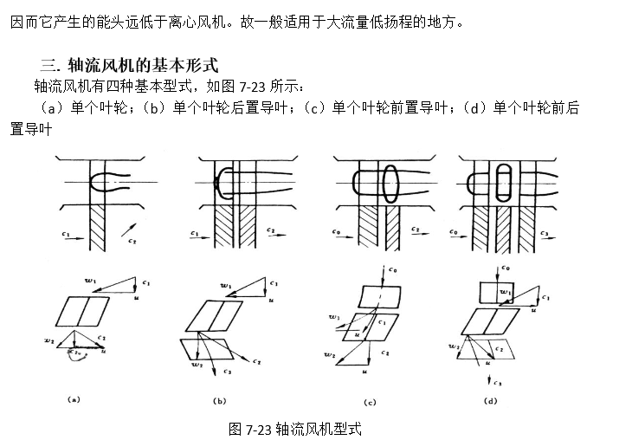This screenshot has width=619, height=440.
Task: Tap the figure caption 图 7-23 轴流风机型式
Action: [x=294, y=428]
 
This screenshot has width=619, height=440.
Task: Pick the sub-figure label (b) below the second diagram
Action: [x=221, y=401]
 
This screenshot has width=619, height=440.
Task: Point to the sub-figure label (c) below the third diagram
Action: [x=370, y=402]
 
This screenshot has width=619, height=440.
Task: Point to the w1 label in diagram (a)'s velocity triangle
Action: [x=92, y=281]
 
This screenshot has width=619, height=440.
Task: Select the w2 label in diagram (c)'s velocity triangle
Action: [x=330, y=355]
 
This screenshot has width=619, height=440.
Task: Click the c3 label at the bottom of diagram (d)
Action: [x=500, y=382]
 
